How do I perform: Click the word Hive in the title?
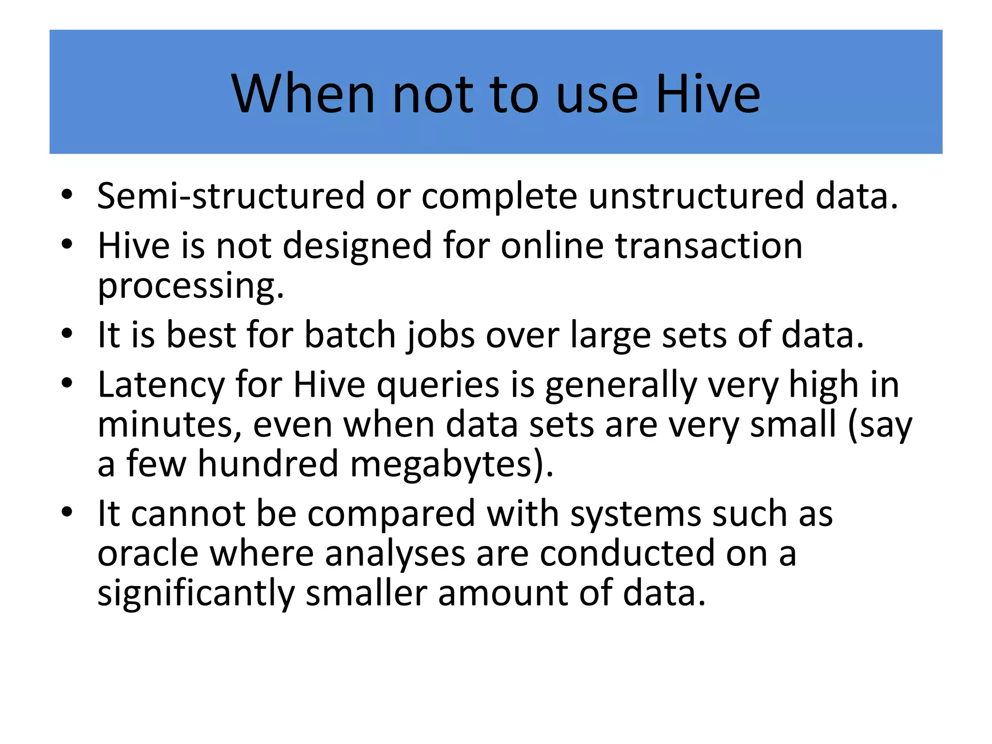(x=708, y=93)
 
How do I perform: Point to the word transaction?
(x=709, y=246)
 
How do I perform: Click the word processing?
(x=190, y=286)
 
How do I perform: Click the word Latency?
(x=161, y=385)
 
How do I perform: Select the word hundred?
(x=268, y=464)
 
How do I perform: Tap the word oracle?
(x=148, y=553)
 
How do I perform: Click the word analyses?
(x=395, y=554)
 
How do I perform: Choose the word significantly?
(x=196, y=593)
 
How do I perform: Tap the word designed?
(x=356, y=247)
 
